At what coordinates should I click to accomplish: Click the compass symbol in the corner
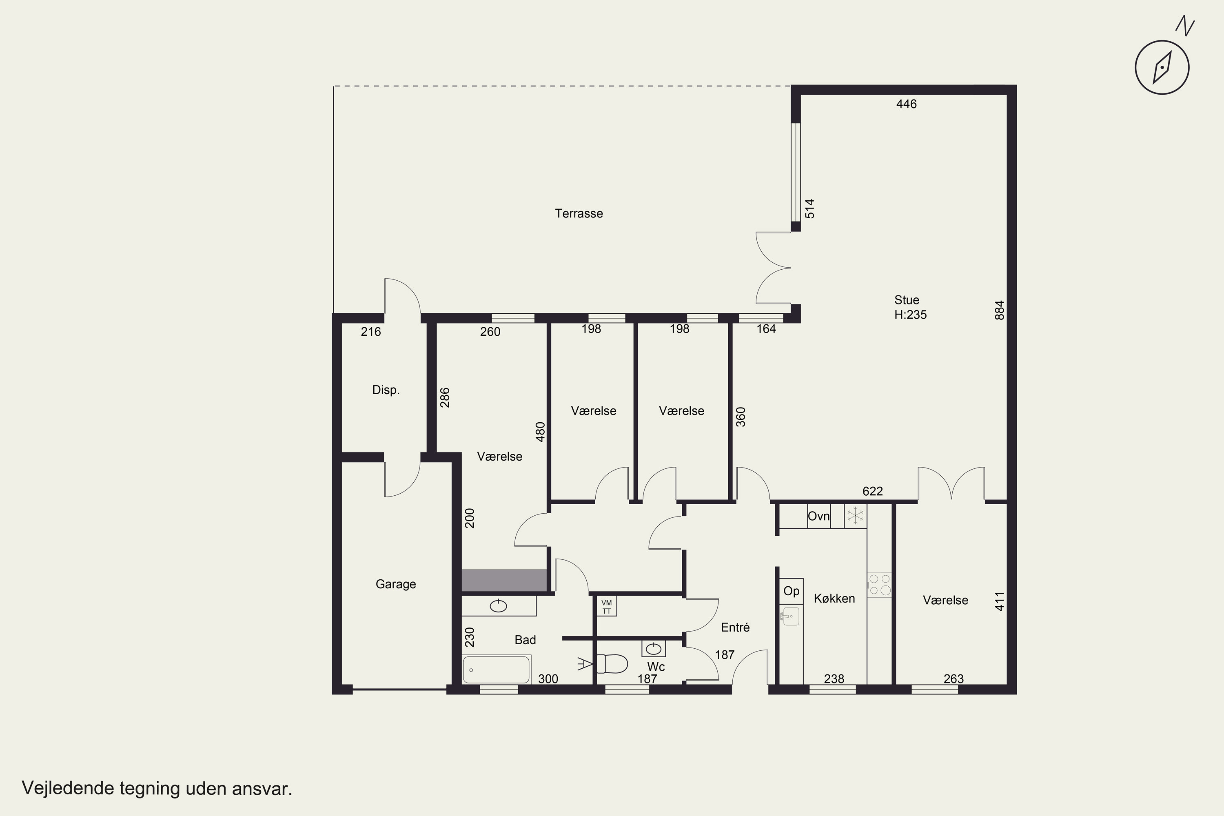tap(1162, 67)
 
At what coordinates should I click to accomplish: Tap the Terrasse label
tap(579, 213)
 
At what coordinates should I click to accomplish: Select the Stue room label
tap(907, 300)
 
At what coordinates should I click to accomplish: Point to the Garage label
tap(395, 584)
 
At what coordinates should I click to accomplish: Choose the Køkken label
tap(834, 599)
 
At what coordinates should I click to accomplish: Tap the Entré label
tap(735, 627)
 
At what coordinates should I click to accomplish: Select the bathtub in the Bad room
tap(497, 669)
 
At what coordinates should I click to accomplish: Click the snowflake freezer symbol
tap(855, 516)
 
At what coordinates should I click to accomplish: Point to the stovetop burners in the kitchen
tap(879, 584)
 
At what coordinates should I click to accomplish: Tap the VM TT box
tap(606, 606)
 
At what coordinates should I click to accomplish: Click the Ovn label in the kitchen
tap(818, 516)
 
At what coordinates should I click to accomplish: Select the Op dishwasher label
tap(791, 591)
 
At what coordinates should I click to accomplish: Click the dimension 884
tap(999, 310)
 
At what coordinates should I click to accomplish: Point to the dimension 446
tap(906, 104)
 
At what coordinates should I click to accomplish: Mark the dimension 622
tap(872, 491)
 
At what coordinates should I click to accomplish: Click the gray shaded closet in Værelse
tap(504, 580)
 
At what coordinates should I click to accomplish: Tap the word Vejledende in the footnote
tap(68, 788)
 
